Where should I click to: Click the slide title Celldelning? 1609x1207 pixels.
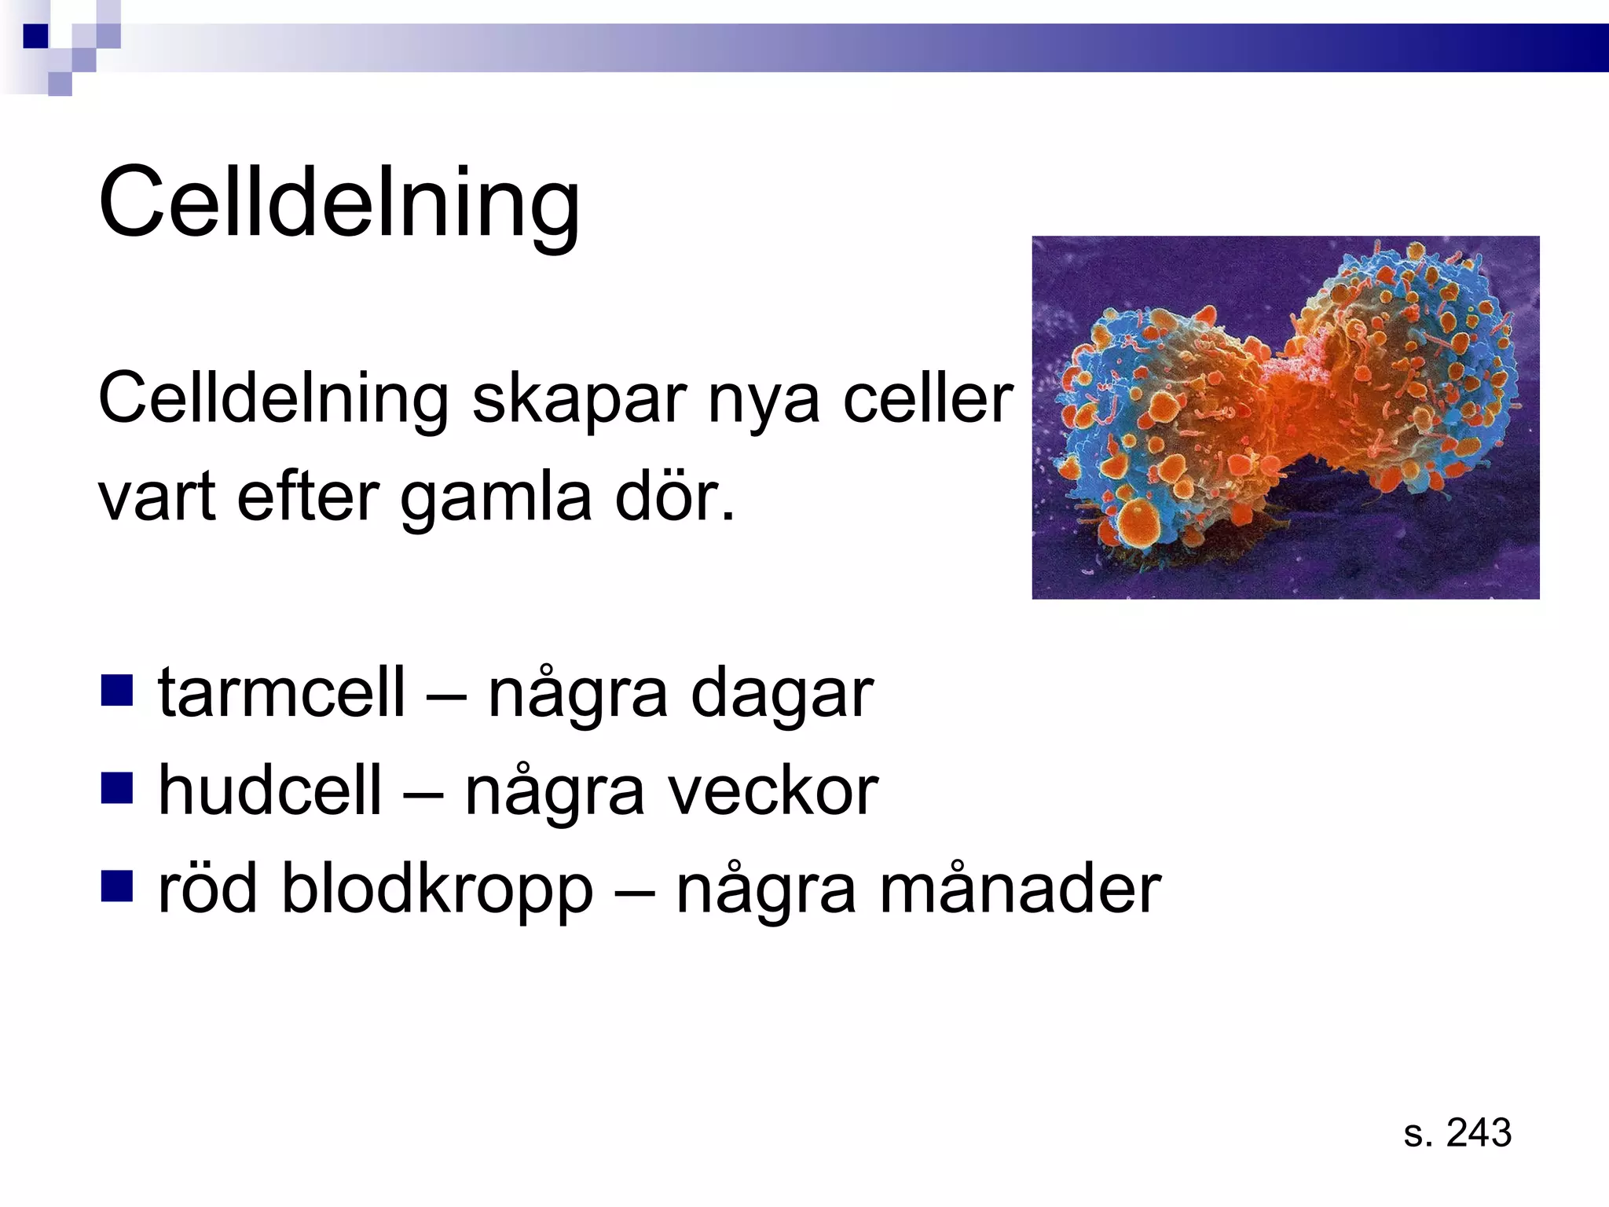tap(339, 203)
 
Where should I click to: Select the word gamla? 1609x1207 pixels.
tap(496, 499)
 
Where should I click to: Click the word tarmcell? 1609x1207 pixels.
tap(282, 693)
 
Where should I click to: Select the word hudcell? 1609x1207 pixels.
tap(270, 791)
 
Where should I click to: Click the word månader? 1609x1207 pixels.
tap(1020, 890)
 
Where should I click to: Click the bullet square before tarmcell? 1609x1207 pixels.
tap(116, 691)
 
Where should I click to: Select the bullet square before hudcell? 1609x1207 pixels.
tap(116, 788)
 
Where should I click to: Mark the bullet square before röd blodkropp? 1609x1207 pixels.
tap(116, 886)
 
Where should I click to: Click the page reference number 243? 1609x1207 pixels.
tap(1478, 1133)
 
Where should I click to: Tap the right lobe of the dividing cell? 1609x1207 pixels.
tap(1406, 369)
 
